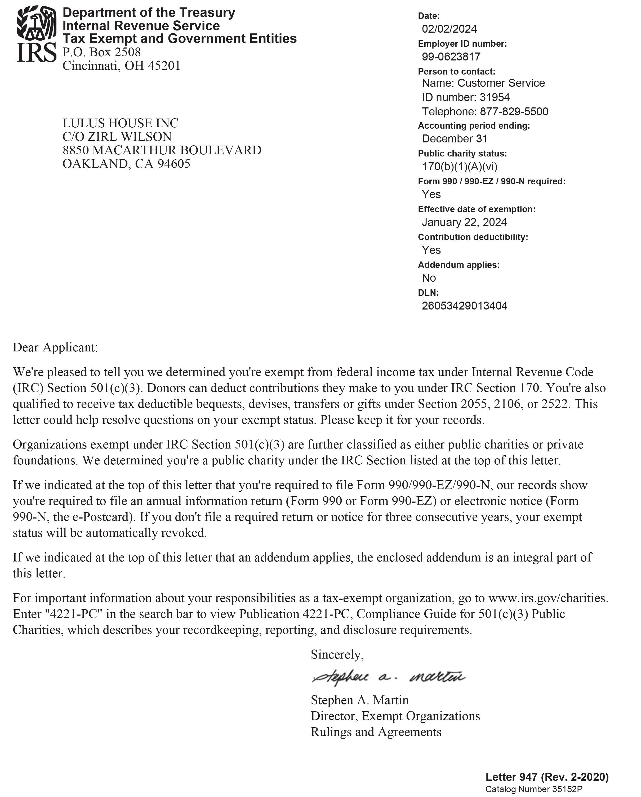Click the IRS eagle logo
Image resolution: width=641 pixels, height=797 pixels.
click(x=36, y=23)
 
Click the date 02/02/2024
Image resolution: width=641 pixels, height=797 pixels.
click(x=449, y=29)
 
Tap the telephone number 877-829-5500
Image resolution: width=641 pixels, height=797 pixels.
click(x=514, y=111)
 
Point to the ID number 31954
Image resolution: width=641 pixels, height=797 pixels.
click(x=495, y=97)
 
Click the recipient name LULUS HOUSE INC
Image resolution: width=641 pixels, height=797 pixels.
click(x=120, y=123)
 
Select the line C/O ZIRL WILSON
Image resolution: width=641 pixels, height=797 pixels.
click(x=117, y=137)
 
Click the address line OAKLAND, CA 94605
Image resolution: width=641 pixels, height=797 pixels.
click(x=126, y=164)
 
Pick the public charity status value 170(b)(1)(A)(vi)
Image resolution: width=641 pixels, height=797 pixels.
click(x=460, y=167)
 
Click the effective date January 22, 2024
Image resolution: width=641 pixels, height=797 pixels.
click(x=464, y=222)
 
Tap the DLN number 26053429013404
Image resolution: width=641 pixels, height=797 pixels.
click(x=465, y=306)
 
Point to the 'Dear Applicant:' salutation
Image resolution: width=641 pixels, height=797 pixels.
click(x=55, y=347)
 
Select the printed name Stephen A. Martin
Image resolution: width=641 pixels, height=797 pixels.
click(x=360, y=700)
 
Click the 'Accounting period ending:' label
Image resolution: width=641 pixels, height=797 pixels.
click(x=474, y=126)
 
